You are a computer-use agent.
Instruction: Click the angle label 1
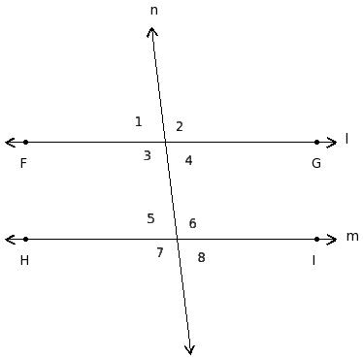pyautogui.click(x=139, y=121)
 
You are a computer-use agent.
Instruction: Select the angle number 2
pyautogui.click(x=180, y=126)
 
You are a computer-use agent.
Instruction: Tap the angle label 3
pyautogui.click(x=148, y=155)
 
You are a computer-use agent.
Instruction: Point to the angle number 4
pyautogui.click(x=188, y=160)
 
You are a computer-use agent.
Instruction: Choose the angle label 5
pyautogui.click(x=150, y=218)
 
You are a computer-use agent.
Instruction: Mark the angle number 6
pyautogui.click(x=192, y=223)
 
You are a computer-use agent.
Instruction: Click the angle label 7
pyautogui.click(x=160, y=252)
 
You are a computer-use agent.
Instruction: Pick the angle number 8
pyautogui.click(x=201, y=257)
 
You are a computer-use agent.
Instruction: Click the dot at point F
pyautogui.click(x=26, y=142)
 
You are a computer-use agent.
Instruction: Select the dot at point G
pyautogui.click(x=316, y=142)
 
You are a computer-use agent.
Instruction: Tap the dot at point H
pyautogui.click(x=26, y=239)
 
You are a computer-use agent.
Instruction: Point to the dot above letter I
pyautogui.click(x=316, y=239)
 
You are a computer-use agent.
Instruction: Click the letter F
pyautogui.click(x=23, y=163)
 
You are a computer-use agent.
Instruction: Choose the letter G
pyautogui.click(x=316, y=163)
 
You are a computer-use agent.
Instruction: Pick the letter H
pyautogui.click(x=24, y=260)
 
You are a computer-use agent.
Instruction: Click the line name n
pyautogui.click(x=154, y=11)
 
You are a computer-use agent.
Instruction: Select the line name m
pyautogui.click(x=352, y=237)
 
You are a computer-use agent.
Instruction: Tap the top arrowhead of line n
pyautogui.click(x=151, y=28)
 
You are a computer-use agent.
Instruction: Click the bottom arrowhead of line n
pyautogui.click(x=190, y=354)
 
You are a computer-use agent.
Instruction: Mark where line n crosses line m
pyautogui.click(x=178, y=239)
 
